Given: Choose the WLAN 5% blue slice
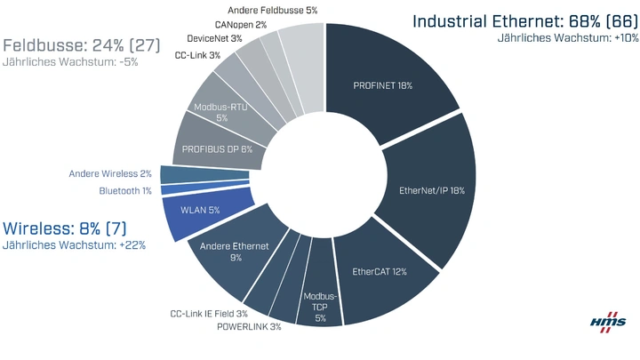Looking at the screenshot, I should click(x=200, y=212).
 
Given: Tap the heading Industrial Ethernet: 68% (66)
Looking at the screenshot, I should click(x=524, y=20).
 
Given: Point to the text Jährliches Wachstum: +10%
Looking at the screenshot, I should click(x=566, y=38).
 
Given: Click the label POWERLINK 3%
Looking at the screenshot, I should click(x=249, y=327).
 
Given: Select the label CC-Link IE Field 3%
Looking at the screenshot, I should click(x=209, y=314).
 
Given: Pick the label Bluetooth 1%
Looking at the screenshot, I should click(x=124, y=190).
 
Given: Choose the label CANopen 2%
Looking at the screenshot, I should click(x=240, y=25).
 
